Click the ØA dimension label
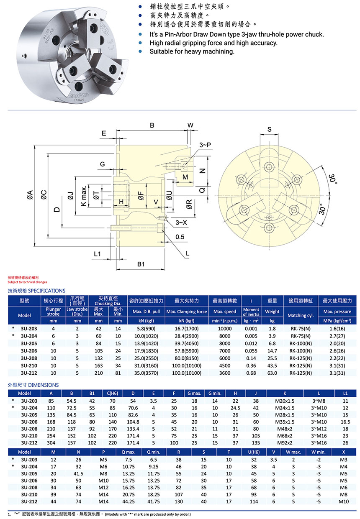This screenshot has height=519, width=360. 29,194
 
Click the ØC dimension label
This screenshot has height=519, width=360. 44,194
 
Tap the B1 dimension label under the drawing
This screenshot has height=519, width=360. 141,264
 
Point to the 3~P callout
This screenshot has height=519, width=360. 205,144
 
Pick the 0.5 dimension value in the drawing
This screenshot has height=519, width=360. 180,237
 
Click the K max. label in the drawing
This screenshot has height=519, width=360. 83,195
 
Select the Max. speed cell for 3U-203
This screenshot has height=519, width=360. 224,329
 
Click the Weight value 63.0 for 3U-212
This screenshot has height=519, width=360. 272,373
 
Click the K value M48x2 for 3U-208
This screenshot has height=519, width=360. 285,429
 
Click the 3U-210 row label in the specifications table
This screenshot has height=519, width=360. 29,366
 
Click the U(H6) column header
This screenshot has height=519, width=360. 254,452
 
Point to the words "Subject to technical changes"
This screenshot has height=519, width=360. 27,282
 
